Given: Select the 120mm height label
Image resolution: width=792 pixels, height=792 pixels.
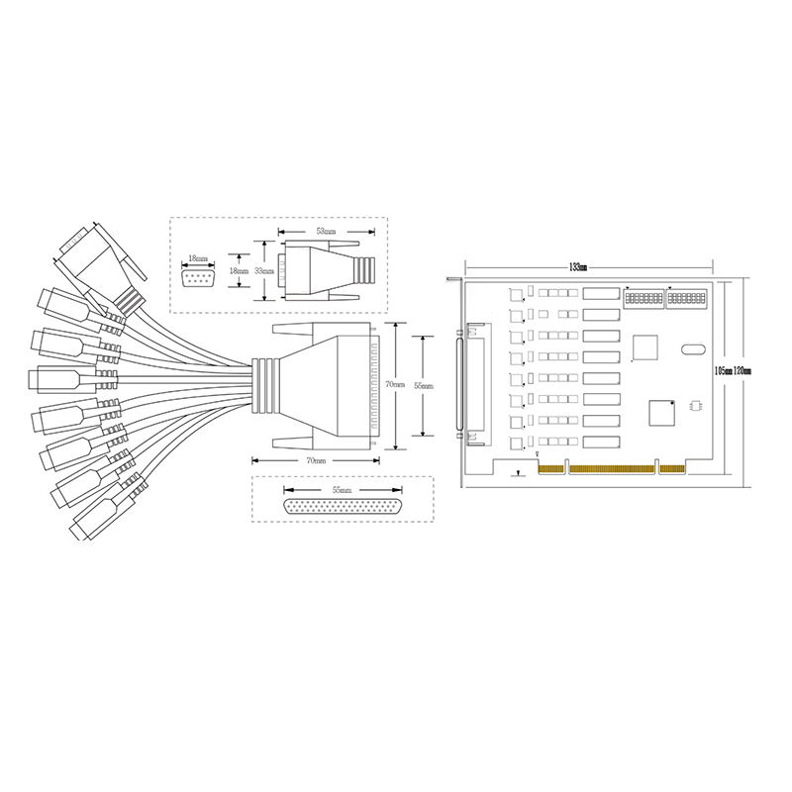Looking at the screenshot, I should point(742,370).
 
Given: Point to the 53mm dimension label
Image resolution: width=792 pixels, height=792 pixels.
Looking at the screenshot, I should point(324,231).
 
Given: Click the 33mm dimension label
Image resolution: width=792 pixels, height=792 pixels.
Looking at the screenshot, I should point(263,269).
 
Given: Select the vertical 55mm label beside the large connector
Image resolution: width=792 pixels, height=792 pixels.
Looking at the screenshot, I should point(424,385).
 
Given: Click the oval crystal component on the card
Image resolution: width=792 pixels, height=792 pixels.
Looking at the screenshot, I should point(691,348).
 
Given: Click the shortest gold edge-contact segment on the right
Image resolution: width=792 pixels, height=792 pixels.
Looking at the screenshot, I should point(671,467).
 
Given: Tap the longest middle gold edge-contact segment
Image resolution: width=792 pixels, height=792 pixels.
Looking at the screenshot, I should point(608,467).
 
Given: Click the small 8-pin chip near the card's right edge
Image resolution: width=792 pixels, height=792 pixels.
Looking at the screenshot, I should point(694,405).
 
